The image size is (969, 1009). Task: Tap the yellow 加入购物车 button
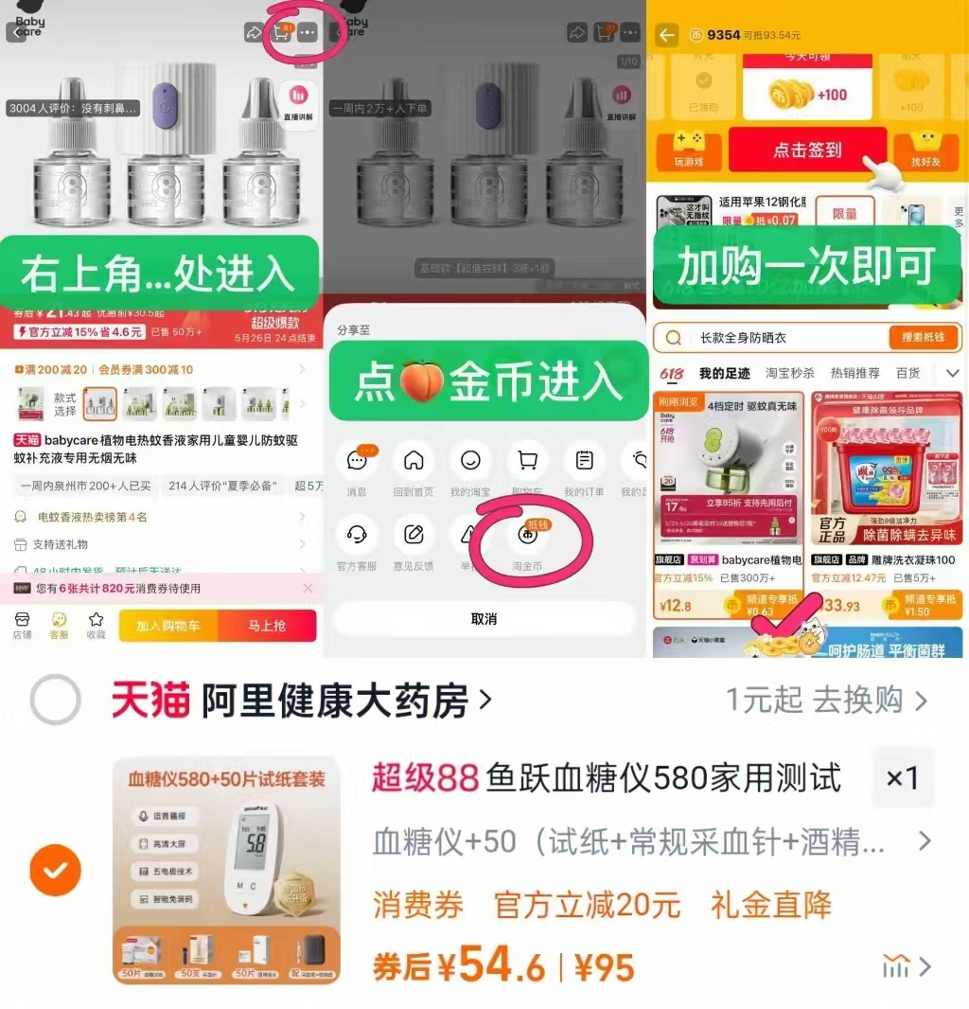(x=168, y=626)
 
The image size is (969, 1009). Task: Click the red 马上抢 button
(x=267, y=626)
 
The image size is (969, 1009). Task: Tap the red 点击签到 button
(x=807, y=150)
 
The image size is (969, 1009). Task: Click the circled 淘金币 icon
(x=527, y=537)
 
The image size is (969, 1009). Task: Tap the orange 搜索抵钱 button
(x=925, y=338)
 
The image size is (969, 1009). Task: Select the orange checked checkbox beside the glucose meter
(x=55, y=870)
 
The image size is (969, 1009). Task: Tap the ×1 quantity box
(x=902, y=779)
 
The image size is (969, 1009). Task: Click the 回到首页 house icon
(x=414, y=462)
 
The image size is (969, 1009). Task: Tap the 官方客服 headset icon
(x=357, y=536)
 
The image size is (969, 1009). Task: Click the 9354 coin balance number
(x=723, y=35)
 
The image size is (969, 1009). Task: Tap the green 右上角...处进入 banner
(x=158, y=273)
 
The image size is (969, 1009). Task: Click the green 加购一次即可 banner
(x=805, y=267)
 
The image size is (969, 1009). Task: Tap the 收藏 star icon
(x=96, y=620)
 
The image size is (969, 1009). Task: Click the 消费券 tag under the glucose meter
(x=418, y=905)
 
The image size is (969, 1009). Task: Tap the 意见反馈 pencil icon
(x=414, y=536)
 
